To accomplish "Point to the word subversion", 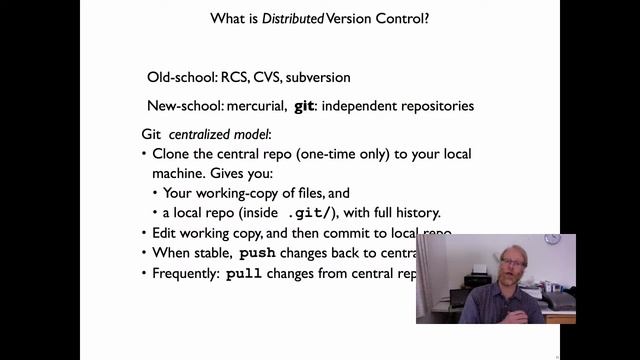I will (x=331, y=77).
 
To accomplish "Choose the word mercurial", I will (x=256, y=105).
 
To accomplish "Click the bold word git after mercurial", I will (x=304, y=105).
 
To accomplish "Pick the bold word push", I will (x=258, y=253).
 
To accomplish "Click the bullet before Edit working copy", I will (x=144, y=233).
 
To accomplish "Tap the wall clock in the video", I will (x=552, y=240).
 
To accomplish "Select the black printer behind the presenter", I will (x=478, y=279).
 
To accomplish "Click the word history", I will (x=418, y=213).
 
